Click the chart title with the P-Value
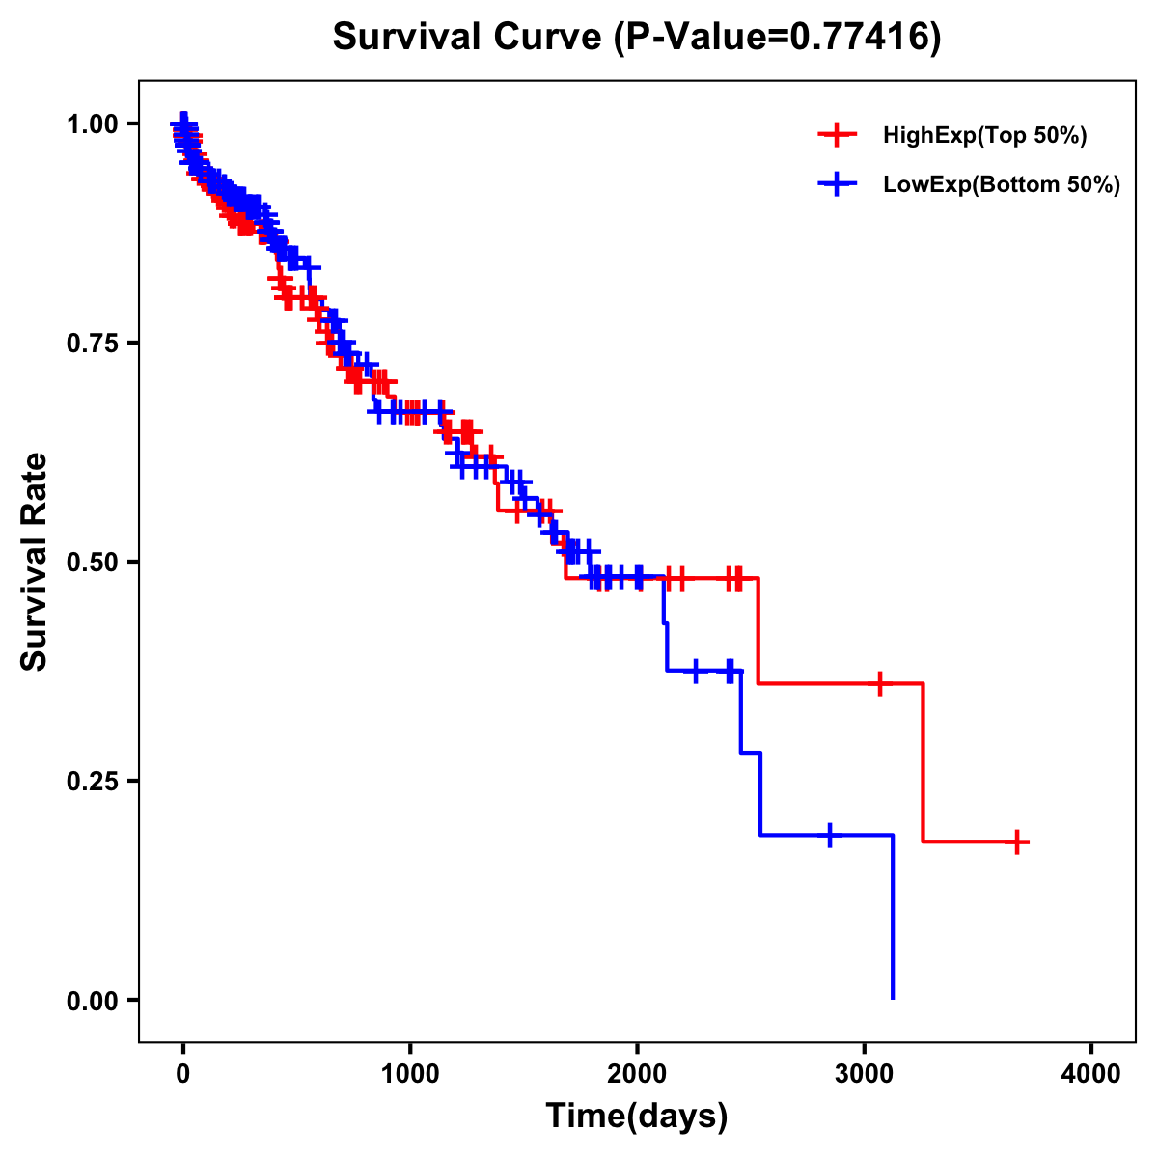636,37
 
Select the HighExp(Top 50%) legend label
984,136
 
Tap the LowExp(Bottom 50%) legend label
1002,185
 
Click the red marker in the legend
837,136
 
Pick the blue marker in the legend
837,185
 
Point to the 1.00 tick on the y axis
93,124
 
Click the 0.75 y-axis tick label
93,344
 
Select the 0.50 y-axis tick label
93,562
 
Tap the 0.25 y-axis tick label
93,781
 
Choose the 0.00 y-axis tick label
93,1001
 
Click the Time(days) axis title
637,1117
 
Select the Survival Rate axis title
36,561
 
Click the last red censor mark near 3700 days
1016,841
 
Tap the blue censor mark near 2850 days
829,835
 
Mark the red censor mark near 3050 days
879,683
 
